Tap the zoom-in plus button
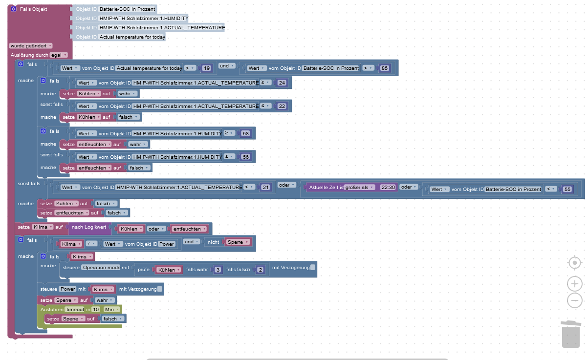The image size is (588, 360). (575, 283)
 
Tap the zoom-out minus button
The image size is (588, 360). (575, 300)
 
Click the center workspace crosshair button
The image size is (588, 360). (575, 263)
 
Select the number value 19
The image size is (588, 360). (207, 68)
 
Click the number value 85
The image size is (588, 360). (384, 68)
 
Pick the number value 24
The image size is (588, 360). (282, 83)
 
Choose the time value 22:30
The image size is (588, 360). (388, 187)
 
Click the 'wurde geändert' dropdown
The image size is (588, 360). (31, 45)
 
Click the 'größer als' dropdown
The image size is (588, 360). (360, 187)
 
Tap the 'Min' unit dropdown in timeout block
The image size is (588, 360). (110, 309)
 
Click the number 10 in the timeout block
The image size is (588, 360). (96, 309)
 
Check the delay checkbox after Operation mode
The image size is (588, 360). (313, 267)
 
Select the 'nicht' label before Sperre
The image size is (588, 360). (213, 242)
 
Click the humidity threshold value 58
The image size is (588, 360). (245, 133)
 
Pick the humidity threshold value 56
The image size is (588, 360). (245, 157)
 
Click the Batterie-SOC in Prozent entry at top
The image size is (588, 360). (127, 9)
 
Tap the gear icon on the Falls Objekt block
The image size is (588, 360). (14, 9)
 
